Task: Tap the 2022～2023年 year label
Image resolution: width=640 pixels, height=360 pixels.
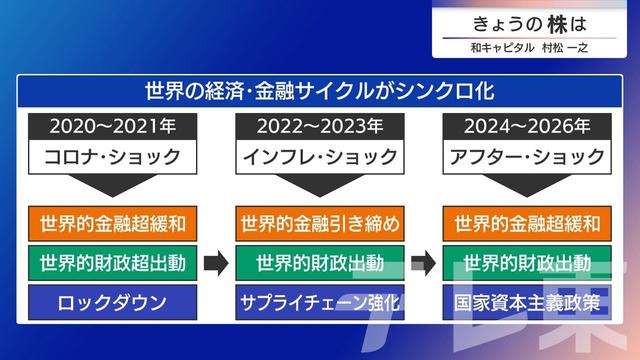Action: (x=320, y=127)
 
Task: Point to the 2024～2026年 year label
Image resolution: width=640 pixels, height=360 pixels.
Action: (x=527, y=127)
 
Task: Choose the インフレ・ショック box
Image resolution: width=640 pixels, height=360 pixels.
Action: (x=320, y=157)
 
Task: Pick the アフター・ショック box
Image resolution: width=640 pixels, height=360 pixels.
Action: (x=527, y=157)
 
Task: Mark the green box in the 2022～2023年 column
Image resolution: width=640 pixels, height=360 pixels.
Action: (x=320, y=263)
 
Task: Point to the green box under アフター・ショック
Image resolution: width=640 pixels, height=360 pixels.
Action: (x=527, y=263)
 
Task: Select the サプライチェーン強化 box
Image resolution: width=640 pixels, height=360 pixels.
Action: (x=320, y=302)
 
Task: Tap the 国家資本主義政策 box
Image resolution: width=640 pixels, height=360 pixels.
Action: (x=527, y=302)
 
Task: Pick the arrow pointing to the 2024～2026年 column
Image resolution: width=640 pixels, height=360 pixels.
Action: (x=423, y=263)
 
